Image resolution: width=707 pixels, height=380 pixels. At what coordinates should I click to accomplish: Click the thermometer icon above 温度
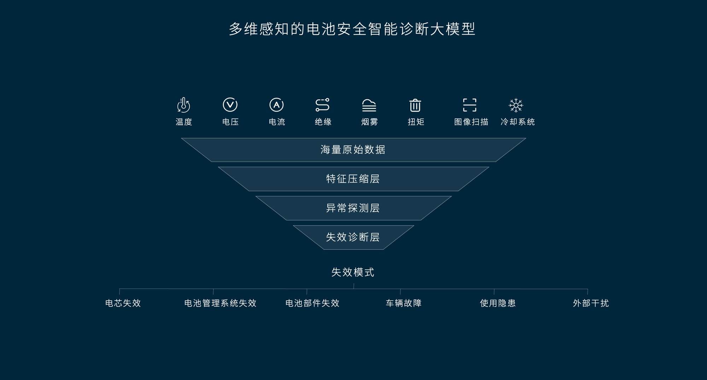(x=183, y=105)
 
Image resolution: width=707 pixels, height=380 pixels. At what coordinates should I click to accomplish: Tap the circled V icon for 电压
(x=230, y=105)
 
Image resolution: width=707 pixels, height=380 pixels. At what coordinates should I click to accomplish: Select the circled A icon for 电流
(x=276, y=105)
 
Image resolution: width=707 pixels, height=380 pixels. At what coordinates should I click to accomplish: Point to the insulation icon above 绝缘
(x=322, y=105)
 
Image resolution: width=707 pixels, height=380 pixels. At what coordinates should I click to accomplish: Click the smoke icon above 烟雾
(x=369, y=105)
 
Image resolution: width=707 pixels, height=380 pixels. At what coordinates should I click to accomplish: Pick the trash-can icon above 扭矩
(x=415, y=105)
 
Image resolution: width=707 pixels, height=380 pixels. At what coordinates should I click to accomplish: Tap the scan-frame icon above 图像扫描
(x=470, y=105)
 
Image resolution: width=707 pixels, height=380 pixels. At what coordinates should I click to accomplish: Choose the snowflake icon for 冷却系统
(x=516, y=105)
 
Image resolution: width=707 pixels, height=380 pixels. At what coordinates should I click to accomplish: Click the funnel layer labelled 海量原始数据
(x=353, y=150)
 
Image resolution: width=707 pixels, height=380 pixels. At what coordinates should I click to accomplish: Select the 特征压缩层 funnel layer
(x=353, y=179)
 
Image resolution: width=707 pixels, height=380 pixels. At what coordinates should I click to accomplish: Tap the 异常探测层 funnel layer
(x=353, y=208)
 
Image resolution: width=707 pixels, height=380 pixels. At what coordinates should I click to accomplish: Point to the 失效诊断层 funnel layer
(x=353, y=237)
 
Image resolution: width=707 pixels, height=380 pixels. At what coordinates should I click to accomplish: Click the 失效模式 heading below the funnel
(x=353, y=272)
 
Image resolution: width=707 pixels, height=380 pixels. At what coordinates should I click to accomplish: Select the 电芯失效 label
(x=123, y=303)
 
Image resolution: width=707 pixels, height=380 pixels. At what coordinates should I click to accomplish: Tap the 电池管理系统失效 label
(x=220, y=303)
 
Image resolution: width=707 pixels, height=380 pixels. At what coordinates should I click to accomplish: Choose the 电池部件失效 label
(x=312, y=303)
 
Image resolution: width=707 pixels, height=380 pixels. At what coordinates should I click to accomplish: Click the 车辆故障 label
(x=404, y=303)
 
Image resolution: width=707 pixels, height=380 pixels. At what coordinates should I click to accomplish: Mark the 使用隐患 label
(x=498, y=303)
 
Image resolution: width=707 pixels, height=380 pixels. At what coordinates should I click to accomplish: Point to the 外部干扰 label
(x=591, y=303)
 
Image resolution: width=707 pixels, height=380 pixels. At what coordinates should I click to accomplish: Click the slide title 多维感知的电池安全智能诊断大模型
(x=352, y=29)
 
